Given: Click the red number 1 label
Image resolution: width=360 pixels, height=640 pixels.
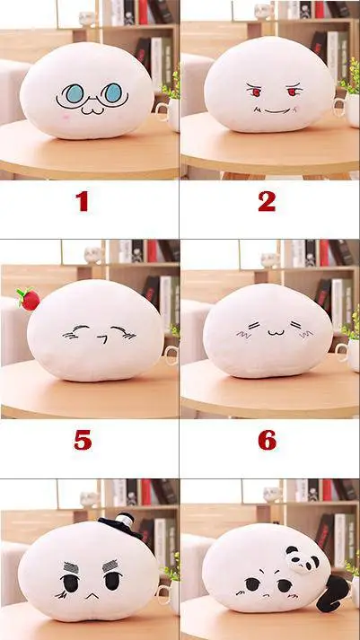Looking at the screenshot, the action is (83, 201).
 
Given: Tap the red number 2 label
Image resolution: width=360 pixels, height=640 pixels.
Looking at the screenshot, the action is (267, 201).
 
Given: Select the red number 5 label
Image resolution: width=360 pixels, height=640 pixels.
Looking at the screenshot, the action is (83, 440).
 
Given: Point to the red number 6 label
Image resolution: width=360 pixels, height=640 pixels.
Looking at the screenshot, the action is (268, 440).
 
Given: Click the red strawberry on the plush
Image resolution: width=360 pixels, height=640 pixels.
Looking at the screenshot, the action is (28, 299).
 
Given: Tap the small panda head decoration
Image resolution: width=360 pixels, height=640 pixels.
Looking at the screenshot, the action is (303, 558).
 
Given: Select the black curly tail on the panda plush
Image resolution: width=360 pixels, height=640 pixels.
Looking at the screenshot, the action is (332, 593).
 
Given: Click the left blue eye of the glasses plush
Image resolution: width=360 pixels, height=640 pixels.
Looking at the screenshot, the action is (75, 93).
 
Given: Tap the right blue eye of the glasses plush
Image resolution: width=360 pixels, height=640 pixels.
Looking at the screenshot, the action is (113, 92).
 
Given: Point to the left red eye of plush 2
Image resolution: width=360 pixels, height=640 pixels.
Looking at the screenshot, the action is (256, 92).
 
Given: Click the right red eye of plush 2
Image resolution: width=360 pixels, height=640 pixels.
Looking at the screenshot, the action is (293, 92).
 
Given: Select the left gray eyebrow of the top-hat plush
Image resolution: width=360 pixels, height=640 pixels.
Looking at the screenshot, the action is (71, 567).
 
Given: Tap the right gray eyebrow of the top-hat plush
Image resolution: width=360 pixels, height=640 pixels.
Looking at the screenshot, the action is (110, 565).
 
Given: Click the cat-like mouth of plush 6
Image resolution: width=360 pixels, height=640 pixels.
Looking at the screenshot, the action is (276, 332).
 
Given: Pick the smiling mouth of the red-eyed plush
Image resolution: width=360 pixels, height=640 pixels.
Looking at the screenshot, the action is (276, 110).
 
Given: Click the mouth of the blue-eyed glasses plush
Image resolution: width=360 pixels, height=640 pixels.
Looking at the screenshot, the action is (92, 110).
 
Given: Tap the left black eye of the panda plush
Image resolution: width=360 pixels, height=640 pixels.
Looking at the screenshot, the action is (252, 584).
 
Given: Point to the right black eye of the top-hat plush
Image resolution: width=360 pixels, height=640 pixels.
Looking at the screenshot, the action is (112, 582).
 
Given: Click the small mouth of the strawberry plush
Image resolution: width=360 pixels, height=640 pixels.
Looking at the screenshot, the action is (103, 338).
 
